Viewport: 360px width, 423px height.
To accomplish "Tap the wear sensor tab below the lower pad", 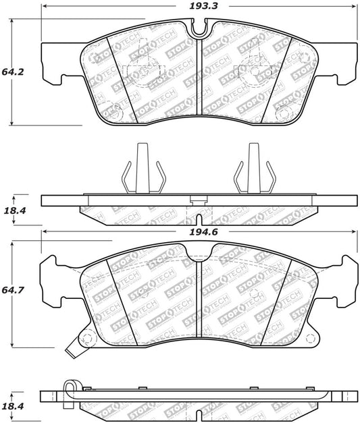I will pos(72,351).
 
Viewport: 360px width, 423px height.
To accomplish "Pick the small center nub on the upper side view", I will pos(199,199).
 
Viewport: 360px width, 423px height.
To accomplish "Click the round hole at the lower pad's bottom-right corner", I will pos(311,338).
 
